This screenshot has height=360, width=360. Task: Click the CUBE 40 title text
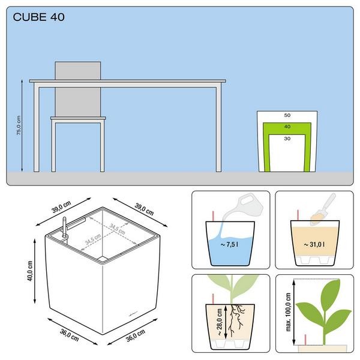38,17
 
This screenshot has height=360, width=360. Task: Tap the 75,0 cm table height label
19,125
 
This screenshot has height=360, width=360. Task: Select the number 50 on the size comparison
287,115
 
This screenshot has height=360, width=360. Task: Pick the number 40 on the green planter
287,127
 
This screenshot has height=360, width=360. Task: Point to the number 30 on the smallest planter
287,139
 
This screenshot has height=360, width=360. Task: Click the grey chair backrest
78,89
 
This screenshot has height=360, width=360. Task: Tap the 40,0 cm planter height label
30,271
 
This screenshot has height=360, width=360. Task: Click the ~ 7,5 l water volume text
229,245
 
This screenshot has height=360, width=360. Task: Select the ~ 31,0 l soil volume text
314,245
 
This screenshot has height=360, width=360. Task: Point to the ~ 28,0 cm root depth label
219,322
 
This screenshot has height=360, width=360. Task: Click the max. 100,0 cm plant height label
289,312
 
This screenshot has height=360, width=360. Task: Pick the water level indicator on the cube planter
65,227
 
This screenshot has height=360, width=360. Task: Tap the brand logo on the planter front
133,313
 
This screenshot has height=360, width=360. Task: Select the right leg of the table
218,129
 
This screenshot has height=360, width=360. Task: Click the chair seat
78,118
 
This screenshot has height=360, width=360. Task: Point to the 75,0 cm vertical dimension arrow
22,125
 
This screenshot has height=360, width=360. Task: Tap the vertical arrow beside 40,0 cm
35,271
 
